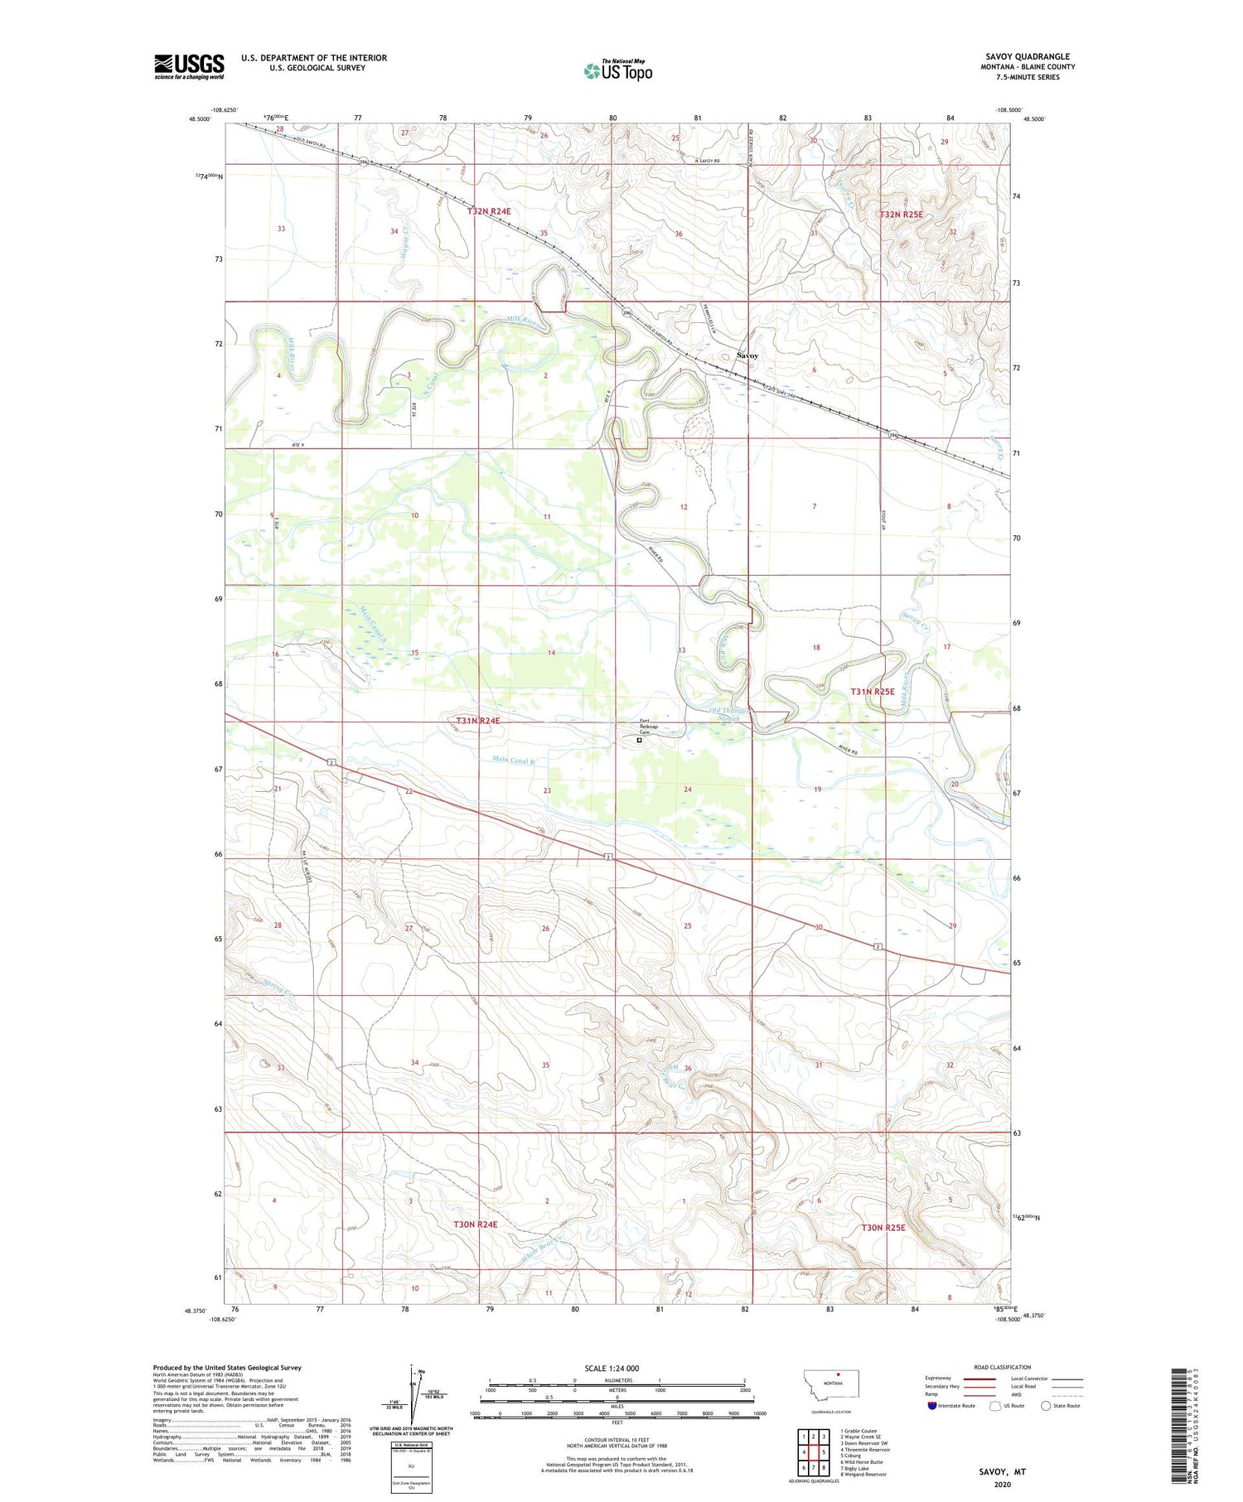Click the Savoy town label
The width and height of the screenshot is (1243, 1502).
pyautogui.click(x=747, y=355)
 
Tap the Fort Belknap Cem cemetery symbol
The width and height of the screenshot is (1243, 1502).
pyautogui.click(x=639, y=741)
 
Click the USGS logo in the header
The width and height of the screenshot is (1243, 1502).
pyautogui.click(x=189, y=66)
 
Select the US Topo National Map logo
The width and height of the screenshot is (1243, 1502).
pyautogui.click(x=617, y=70)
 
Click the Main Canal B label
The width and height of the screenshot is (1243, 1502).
pyautogui.click(x=513, y=760)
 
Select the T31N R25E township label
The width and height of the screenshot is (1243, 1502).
pyautogui.click(x=872, y=691)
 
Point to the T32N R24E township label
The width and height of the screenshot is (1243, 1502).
pyautogui.click(x=488, y=211)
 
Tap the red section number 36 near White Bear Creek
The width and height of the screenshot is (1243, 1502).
pyautogui.click(x=687, y=1069)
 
